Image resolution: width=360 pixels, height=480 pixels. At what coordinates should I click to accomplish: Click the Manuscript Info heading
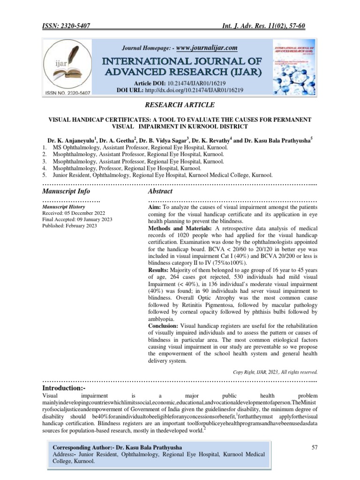tap(66, 191)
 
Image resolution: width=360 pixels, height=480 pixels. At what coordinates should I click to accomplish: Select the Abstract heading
tap(160, 191)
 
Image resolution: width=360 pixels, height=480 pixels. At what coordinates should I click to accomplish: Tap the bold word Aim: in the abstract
tap(155, 207)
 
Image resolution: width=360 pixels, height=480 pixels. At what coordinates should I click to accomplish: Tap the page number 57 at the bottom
tap(315, 448)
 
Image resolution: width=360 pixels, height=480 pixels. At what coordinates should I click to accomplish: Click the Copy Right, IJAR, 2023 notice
tap(276, 372)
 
